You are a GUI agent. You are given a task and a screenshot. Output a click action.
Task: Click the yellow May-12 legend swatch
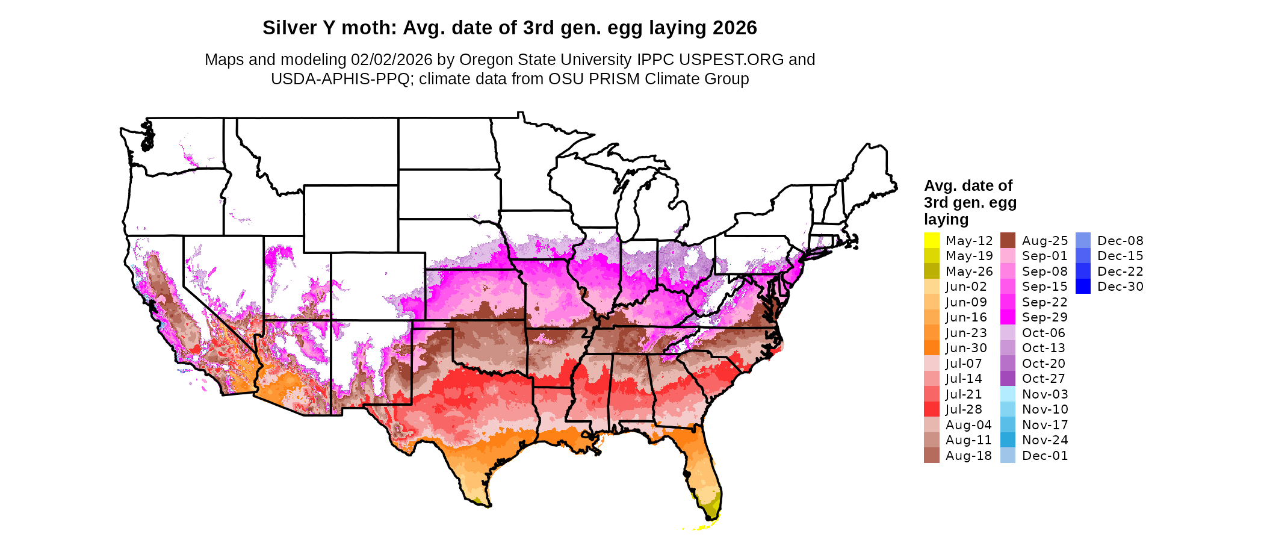pyautogui.click(x=932, y=240)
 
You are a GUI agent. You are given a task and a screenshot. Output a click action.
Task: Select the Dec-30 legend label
pyautogui.click(x=1120, y=287)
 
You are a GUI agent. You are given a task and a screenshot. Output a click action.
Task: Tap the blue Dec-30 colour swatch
pyautogui.click(x=1083, y=287)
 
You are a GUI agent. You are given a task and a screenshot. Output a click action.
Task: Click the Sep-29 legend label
pyautogui.click(x=1045, y=317)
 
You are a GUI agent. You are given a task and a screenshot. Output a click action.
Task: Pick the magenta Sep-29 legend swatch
pyautogui.click(x=1008, y=317)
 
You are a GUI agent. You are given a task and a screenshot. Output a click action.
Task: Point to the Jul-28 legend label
pyautogui.click(x=964, y=409)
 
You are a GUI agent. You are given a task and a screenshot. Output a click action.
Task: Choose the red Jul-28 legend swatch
pyautogui.click(x=932, y=409)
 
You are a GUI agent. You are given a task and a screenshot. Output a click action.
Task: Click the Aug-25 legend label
pyautogui.click(x=1045, y=241)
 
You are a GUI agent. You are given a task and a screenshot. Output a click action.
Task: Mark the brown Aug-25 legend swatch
pyautogui.click(x=1008, y=240)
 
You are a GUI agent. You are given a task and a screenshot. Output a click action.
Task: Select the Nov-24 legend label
pyautogui.click(x=1045, y=440)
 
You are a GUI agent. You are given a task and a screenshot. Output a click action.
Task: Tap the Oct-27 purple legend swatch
pyautogui.click(x=1008, y=379)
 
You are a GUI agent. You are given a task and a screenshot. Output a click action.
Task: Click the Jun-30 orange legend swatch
pyautogui.click(x=932, y=348)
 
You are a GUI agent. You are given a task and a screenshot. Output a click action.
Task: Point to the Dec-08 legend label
pyautogui.click(x=1120, y=241)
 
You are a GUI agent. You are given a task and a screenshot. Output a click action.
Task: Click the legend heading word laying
pyautogui.click(x=946, y=219)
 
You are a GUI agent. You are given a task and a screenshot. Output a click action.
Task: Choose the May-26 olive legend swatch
pyautogui.click(x=932, y=271)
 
